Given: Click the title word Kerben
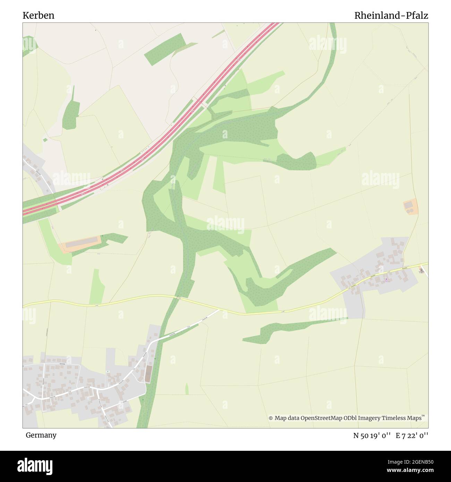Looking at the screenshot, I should tap(39, 16).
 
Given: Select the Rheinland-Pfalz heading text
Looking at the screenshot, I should tap(391, 16).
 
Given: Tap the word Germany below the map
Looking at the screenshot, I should tap(41, 435).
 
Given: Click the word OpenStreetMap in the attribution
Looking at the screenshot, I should tap(324, 418).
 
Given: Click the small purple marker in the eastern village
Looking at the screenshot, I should tap(387, 278).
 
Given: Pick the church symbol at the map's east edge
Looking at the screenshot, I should tap(422, 269).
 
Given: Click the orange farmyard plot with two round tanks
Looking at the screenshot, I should tap(410, 207).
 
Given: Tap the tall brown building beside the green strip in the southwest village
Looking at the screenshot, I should tap(149, 373).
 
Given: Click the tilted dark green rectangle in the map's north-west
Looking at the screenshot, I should tap(164, 49).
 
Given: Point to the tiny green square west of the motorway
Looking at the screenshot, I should tap(45, 140).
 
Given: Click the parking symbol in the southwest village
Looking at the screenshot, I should tap(108, 372).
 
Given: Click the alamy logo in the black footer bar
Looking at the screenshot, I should tap(35, 465).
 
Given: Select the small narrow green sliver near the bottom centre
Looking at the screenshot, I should tap(187, 389).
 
